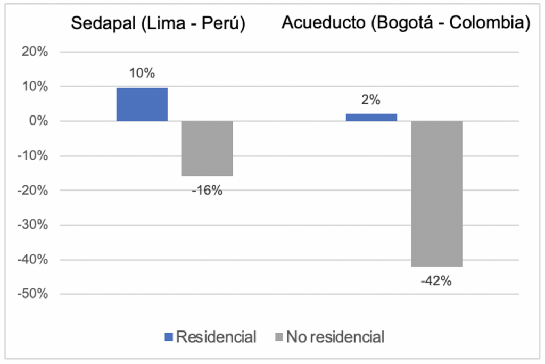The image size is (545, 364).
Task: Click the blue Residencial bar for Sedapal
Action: [x=142, y=104]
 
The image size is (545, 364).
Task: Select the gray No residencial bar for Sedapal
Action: [x=208, y=148]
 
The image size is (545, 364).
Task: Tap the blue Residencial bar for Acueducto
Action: [x=371, y=117]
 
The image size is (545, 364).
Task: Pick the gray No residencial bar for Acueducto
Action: [x=436, y=194]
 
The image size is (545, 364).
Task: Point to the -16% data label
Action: [x=207, y=190]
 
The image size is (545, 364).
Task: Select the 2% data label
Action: [x=370, y=100]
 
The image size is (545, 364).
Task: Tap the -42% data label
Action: [x=436, y=281]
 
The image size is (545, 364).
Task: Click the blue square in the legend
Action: [x=169, y=337]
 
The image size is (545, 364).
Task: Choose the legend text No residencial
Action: [x=335, y=337]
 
